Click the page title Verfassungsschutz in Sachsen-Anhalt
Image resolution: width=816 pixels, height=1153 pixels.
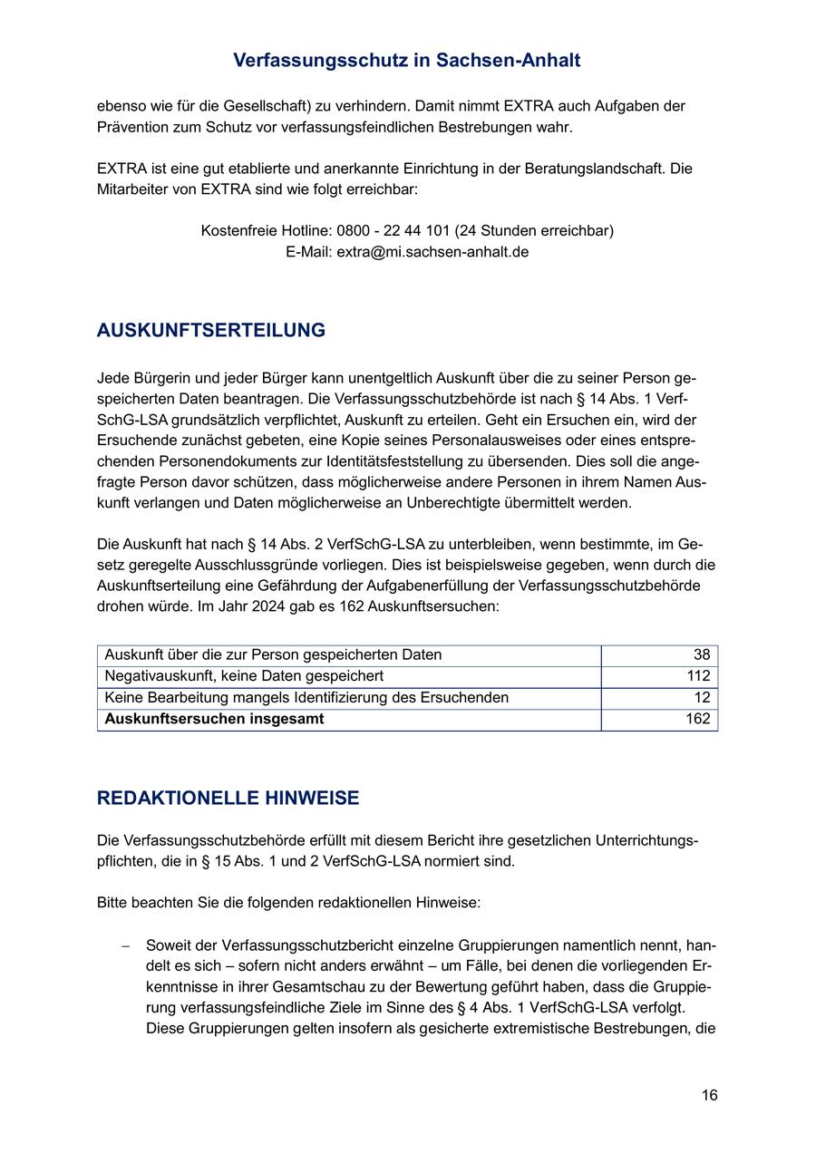click(407, 61)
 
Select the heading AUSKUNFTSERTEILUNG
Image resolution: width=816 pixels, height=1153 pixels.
click(211, 331)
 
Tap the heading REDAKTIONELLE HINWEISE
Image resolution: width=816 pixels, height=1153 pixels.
click(228, 799)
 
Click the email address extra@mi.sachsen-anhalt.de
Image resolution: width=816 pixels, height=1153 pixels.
click(432, 252)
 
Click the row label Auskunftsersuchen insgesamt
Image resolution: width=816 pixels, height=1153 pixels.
click(214, 720)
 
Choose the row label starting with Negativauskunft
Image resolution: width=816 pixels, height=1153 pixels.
click(244, 676)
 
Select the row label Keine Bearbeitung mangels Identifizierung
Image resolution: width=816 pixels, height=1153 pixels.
click(306, 698)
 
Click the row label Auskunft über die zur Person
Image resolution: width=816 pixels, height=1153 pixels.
click(273, 655)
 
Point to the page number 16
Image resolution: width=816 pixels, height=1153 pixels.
click(709, 1096)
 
